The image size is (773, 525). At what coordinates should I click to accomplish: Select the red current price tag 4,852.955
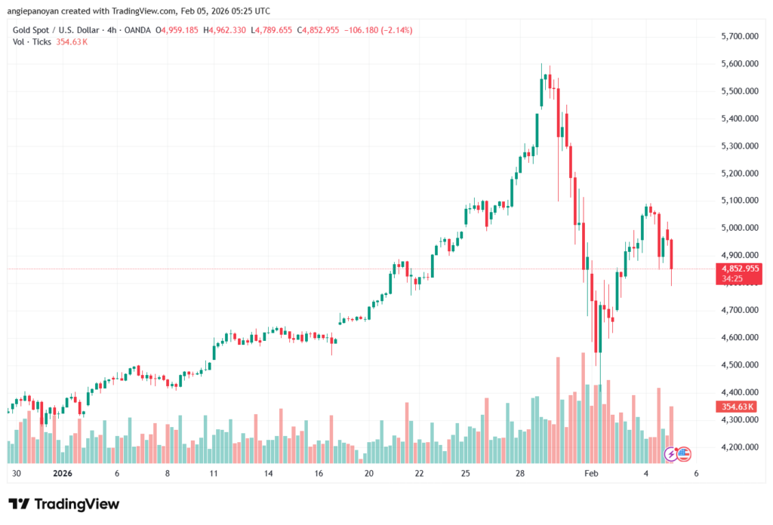pos(741,268)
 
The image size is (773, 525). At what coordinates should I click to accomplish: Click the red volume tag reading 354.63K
pos(739,407)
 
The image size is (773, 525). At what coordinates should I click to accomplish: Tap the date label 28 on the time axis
pos(521,474)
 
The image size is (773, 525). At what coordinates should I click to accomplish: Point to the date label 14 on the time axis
pos(268,474)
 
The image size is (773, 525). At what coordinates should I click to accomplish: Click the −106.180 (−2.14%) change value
pos(377,30)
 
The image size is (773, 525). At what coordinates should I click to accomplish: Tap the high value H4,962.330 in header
pos(224,30)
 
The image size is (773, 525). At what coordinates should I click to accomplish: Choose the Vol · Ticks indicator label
pos(31,41)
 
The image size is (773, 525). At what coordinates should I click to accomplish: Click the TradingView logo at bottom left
pos(63,504)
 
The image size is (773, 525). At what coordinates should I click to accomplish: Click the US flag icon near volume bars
pos(684,454)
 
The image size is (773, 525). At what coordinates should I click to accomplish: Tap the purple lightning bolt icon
pos(670,454)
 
